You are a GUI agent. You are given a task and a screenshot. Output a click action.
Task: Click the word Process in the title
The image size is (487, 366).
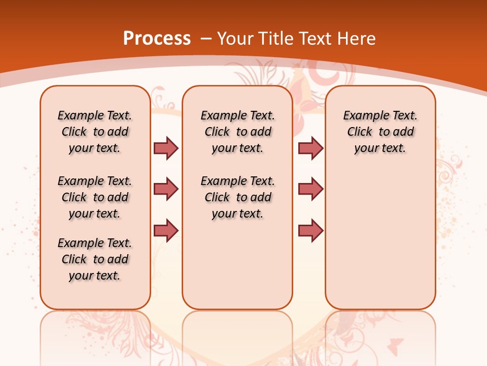coord(157,39)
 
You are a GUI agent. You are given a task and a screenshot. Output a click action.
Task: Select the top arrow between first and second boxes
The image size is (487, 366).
coord(166,148)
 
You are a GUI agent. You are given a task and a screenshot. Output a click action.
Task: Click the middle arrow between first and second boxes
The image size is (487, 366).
coord(166,189)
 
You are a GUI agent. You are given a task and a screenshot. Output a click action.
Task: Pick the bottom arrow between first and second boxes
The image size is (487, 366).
coord(166,230)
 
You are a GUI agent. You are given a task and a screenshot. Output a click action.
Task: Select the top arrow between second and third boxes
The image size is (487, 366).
coord(310,148)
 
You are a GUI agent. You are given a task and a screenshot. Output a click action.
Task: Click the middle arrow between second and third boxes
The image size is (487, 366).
coord(310,189)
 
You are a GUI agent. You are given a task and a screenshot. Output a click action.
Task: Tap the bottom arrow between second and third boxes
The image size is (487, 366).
coord(310,230)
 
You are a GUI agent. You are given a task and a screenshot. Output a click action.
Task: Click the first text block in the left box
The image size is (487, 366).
coord(95,132)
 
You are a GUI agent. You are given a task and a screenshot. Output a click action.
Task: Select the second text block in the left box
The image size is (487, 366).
coord(95,197)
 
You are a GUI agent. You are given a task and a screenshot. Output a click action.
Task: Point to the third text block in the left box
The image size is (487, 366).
coord(95,259)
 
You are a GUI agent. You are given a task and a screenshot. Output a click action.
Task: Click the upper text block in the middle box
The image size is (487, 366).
coord(238,132)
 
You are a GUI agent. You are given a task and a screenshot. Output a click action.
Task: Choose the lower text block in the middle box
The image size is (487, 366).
coord(238,197)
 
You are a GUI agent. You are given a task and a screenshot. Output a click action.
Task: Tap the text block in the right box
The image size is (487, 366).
coord(380,132)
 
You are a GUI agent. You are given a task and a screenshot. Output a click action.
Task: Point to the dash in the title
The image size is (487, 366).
coord(206,39)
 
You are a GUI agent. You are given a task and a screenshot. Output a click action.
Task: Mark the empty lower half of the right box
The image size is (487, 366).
coord(380,244)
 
